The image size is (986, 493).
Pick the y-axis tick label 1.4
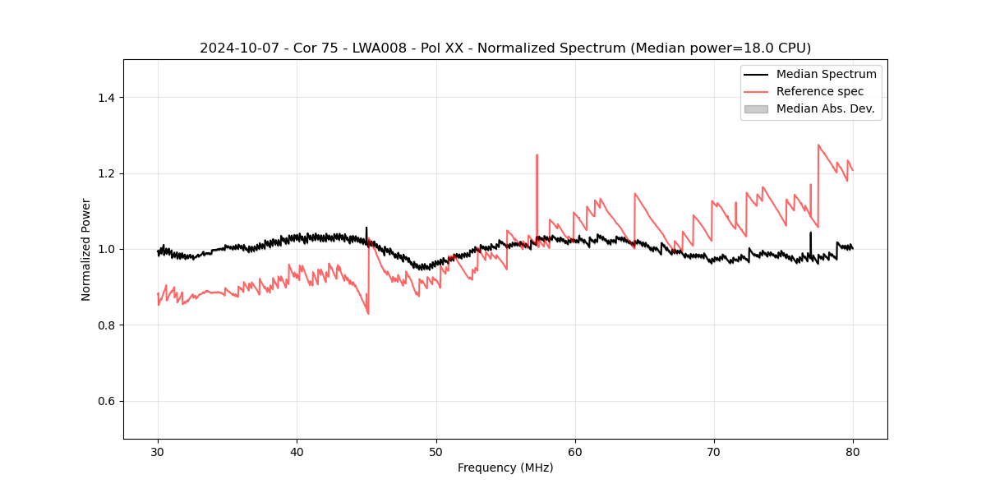(x=106, y=98)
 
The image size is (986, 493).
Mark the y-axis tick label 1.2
(x=106, y=173)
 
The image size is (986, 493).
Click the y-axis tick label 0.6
(x=106, y=401)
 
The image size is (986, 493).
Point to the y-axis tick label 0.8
(x=106, y=325)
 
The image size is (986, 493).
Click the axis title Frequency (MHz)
(x=505, y=468)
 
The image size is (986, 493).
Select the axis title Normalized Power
(x=86, y=249)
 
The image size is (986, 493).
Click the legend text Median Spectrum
(x=826, y=74)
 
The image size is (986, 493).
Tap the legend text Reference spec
(x=820, y=91)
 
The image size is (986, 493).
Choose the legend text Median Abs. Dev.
(x=825, y=108)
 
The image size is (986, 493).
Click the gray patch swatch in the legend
(x=756, y=108)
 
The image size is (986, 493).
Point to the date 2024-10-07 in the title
(x=233, y=48)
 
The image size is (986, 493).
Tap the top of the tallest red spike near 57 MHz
(x=537, y=154)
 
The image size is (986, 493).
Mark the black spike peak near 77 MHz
(x=810, y=233)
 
